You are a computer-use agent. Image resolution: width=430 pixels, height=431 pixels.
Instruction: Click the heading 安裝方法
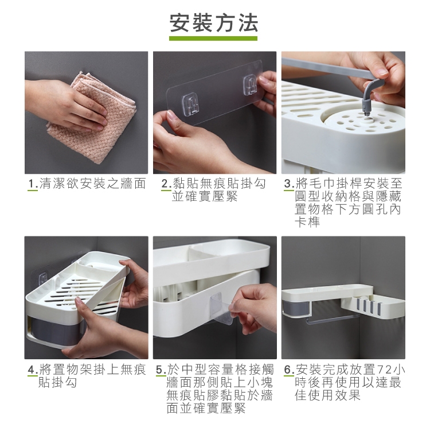[214, 23]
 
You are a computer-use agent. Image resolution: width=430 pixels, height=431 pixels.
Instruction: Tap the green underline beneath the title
[213, 38]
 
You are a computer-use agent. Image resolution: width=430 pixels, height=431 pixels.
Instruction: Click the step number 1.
[33, 184]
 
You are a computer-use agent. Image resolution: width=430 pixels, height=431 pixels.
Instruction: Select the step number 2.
[166, 184]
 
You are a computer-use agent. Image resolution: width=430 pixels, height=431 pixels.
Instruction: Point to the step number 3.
[288, 184]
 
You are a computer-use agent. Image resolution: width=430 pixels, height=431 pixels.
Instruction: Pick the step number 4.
[33, 370]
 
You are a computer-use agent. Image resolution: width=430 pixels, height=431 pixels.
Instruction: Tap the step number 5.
[161, 370]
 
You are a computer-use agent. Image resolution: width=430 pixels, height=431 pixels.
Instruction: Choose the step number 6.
[289, 370]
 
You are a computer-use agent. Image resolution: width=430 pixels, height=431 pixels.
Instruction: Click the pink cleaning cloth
[91, 118]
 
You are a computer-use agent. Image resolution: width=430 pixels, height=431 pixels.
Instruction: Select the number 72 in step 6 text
[384, 370]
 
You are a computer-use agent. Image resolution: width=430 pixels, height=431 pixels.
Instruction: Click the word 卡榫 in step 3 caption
[307, 222]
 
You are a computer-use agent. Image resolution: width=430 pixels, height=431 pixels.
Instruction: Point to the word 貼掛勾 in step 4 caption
[58, 383]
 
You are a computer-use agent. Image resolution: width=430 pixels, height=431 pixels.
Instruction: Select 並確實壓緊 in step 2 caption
[205, 196]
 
